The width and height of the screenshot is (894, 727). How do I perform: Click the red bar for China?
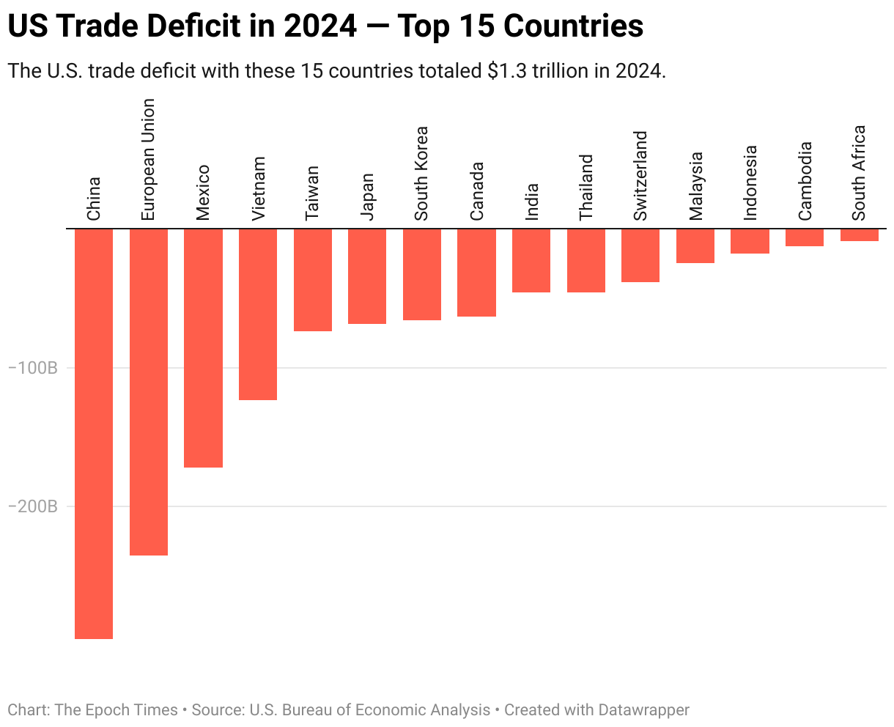(x=94, y=433)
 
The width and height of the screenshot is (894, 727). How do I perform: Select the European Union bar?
(x=149, y=391)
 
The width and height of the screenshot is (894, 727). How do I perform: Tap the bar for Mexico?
(x=203, y=347)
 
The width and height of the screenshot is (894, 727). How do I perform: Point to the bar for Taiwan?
(x=313, y=279)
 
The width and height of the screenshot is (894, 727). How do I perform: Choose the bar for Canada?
(x=476, y=272)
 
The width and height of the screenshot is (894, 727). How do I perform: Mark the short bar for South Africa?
(x=859, y=235)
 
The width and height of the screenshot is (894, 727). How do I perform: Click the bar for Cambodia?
(x=805, y=237)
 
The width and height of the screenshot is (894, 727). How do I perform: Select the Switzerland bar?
(x=640, y=255)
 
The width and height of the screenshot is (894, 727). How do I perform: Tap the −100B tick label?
(x=32, y=368)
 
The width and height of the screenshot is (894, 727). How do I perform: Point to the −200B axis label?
(x=32, y=506)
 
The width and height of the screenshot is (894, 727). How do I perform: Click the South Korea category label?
(x=421, y=174)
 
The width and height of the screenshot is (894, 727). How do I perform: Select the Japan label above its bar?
(x=367, y=196)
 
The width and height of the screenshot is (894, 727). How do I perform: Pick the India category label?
(x=531, y=202)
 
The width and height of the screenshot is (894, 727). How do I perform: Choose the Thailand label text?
(x=585, y=187)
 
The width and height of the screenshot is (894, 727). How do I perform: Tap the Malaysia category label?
(x=695, y=185)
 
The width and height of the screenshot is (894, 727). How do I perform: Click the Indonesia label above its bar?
(x=750, y=182)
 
